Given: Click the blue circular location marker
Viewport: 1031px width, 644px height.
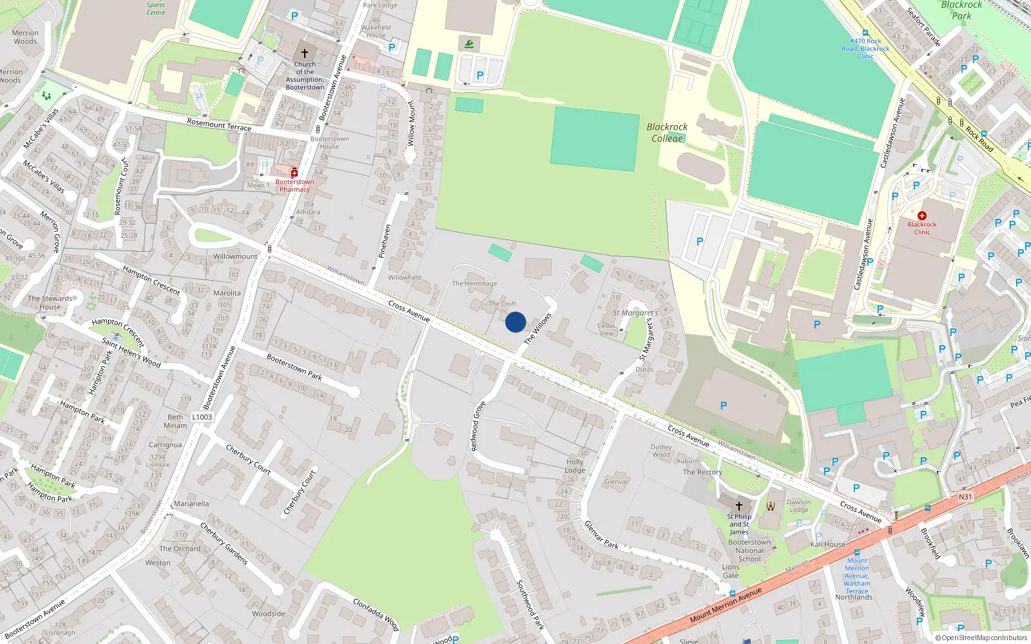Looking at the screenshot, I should click(515, 322).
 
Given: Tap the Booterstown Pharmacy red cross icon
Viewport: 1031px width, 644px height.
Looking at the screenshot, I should click(294, 173).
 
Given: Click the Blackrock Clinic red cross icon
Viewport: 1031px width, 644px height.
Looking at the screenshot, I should click(922, 216).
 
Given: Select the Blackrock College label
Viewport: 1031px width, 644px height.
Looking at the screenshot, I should click(667, 133).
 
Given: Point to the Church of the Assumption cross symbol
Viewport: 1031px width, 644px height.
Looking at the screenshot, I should click(305, 53).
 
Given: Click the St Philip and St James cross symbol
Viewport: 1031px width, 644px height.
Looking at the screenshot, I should click(739, 506).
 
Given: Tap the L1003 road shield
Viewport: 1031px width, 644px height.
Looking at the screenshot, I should click(202, 417).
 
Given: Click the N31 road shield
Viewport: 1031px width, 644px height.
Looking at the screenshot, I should click(965, 497).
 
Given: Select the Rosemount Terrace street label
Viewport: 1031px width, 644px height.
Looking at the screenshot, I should click(219, 124).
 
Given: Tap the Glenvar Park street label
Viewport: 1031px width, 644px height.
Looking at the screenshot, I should click(601, 535).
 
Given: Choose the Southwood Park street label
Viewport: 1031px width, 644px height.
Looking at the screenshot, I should click(530, 605).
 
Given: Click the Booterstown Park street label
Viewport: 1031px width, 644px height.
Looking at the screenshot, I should click(294, 367).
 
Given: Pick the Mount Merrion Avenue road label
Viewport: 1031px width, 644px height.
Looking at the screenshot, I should click(726, 605).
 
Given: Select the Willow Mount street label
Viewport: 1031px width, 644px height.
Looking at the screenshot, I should click(411, 123).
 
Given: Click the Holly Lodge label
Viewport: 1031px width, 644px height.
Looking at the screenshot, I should click(575, 466).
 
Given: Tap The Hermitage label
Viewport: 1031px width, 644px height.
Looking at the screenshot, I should click(474, 283).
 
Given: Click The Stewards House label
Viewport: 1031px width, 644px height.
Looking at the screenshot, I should click(50, 303).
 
